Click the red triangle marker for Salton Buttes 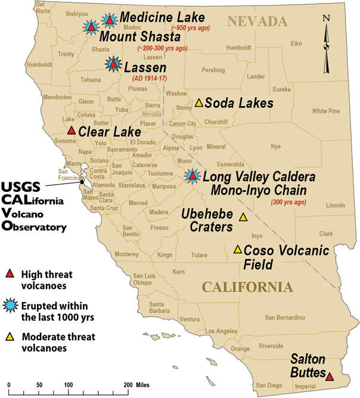330,376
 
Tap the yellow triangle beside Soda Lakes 199,102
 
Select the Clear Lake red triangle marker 72,130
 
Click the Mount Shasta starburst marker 91,27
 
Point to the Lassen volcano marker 113,63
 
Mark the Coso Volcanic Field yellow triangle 237,249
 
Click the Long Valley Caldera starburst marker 192,176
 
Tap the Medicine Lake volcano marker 110,20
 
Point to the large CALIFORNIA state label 248,287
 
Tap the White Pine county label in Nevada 325,110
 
